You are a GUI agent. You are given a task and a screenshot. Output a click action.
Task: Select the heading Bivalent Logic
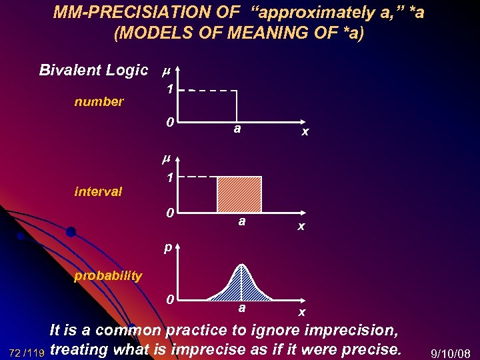pos(93,70)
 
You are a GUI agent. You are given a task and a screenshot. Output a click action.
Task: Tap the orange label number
pos(99,102)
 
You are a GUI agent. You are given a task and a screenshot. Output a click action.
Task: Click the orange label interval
pos(98,192)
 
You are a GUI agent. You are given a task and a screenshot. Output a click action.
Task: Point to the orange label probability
pos(108,276)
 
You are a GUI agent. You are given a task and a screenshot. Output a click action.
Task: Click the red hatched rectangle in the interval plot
pos(239,195)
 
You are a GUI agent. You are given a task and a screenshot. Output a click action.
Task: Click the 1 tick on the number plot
pos(171,89)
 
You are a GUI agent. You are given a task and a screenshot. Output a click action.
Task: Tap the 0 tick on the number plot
pos(171,123)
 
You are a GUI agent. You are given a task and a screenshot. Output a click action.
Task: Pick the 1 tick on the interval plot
pos(171,178)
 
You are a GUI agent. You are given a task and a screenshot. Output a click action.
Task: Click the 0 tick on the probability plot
pos(171,300)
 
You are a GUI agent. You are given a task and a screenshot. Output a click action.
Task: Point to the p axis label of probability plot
pos(169,248)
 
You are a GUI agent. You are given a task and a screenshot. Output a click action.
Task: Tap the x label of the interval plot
pos(301,227)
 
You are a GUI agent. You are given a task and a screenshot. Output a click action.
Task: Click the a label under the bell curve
pos(242,308)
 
